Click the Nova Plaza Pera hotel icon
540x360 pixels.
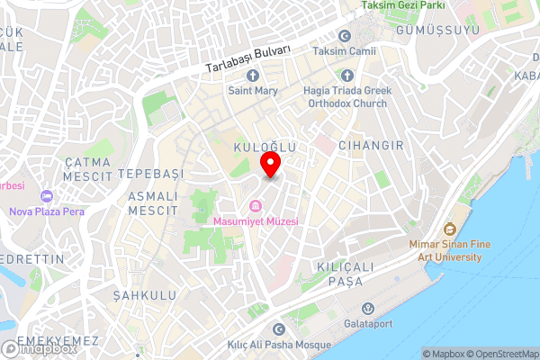(47, 196)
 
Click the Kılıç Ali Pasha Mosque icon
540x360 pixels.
(279, 330)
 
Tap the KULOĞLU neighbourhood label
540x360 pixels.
(265, 145)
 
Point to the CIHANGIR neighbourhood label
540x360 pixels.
(367, 145)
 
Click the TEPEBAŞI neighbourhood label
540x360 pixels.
(149, 173)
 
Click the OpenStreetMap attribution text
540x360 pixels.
(500, 354)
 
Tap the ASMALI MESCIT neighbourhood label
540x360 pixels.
(151, 202)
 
